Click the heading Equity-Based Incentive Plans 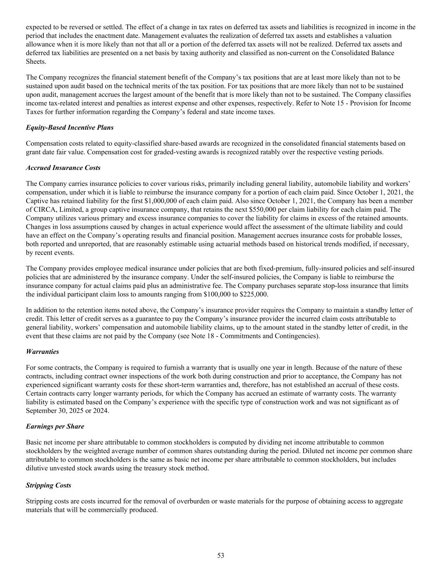(x=70, y=128)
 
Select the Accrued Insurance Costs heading (x=63, y=168)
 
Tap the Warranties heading (x=43, y=352)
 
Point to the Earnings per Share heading (x=55, y=426)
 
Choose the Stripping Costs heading (x=48, y=485)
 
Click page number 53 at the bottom (x=221, y=555)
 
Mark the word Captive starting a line (x=37, y=201)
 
